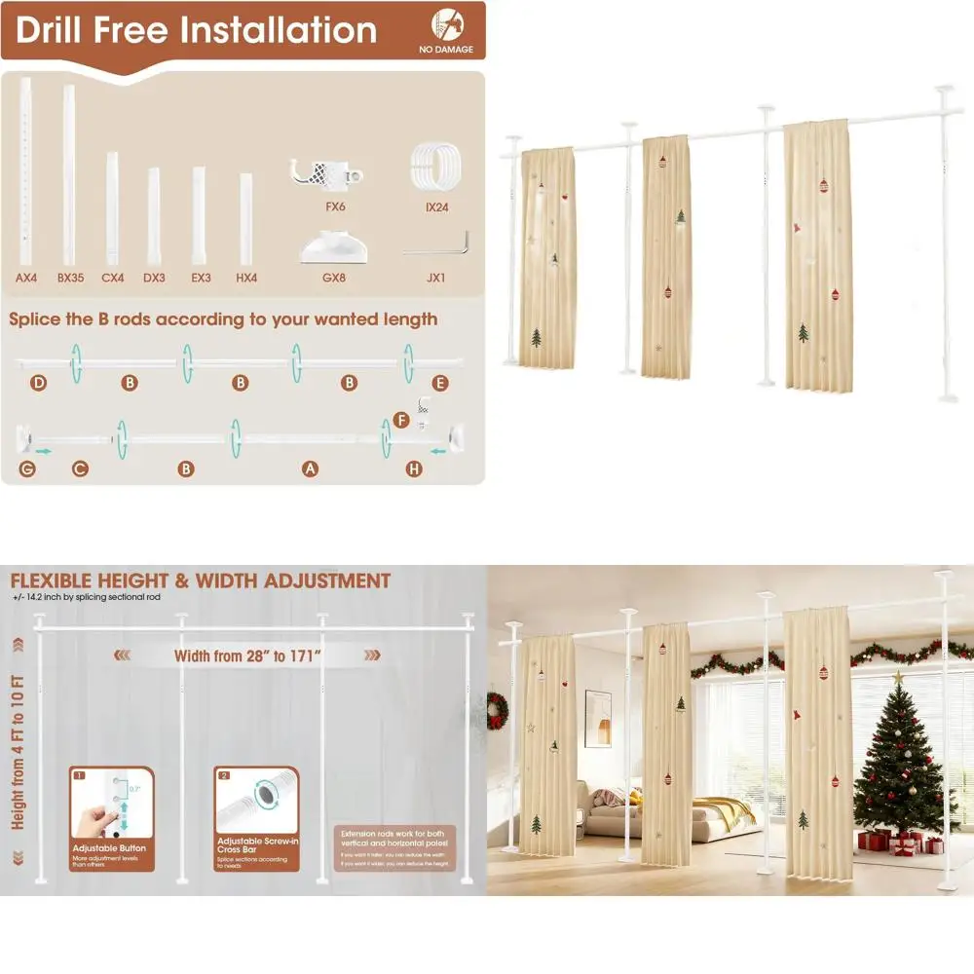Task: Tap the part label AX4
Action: [x=26, y=278]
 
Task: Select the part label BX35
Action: [x=70, y=278]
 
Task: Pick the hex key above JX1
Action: [x=436, y=243]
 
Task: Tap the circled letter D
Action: [x=38, y=383]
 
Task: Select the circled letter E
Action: [x=440, y=383]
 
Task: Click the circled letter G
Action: [x=26, y=469]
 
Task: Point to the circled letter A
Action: [x=310, y=469]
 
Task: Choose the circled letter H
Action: [x=415, y=469]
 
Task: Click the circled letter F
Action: [x=401, y=421]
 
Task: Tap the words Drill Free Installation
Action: [x=196, y=30]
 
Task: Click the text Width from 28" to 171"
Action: [x=248, y=656]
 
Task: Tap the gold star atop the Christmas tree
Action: [x=897, y=675]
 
